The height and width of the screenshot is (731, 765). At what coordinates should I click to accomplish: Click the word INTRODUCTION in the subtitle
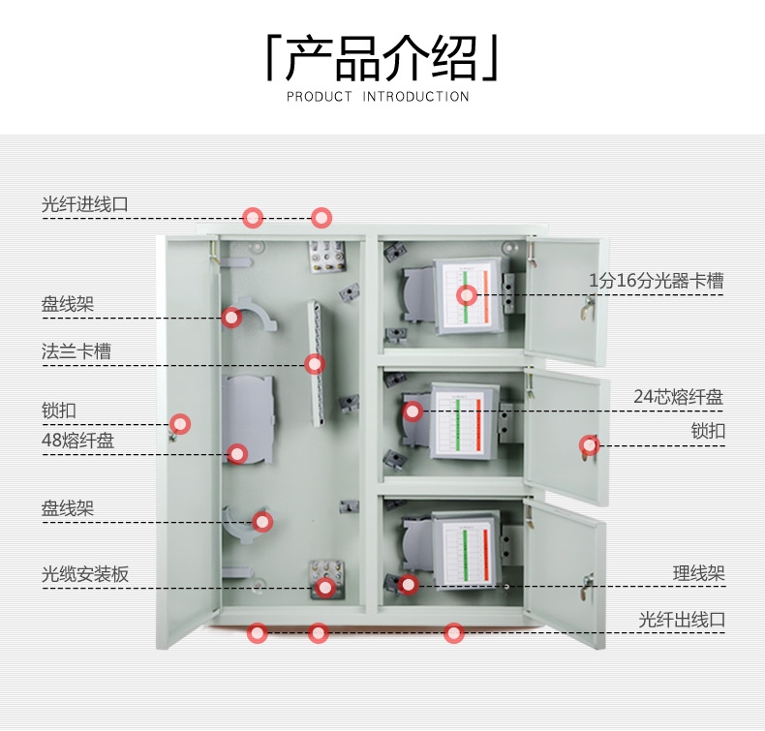pos(415,97)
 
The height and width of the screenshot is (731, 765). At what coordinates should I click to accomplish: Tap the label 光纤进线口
pos(85,204)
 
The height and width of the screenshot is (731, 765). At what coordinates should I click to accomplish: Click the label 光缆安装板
pos(85,574)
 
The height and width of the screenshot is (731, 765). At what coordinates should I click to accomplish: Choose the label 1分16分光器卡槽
pos(657,281)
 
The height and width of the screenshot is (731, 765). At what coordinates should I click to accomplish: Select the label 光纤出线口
pos(682,619)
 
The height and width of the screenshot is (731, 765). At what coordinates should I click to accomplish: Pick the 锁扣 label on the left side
pos(59,411)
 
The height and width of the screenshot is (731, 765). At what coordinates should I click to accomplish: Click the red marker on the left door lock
pos(180,424)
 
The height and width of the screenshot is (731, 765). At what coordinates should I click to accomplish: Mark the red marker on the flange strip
pos(314,364)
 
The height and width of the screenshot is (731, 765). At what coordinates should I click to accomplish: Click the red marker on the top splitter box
pos(467,295)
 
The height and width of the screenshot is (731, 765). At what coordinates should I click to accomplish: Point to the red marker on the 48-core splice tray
pos(237,453)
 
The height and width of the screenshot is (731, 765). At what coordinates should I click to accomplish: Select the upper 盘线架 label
pos(68,305)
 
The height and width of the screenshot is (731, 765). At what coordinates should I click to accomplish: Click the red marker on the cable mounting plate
pos(325,587)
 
